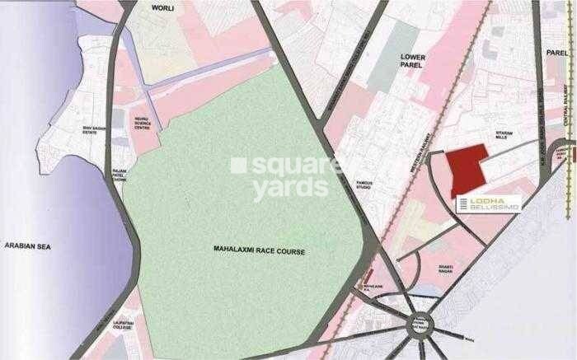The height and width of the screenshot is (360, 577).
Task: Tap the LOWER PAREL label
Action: click(x=411, y=62)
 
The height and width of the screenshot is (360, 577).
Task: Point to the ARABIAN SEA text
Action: click(x=28, y=246)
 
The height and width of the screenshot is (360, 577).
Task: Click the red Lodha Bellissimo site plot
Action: click(x=468, y=169)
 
